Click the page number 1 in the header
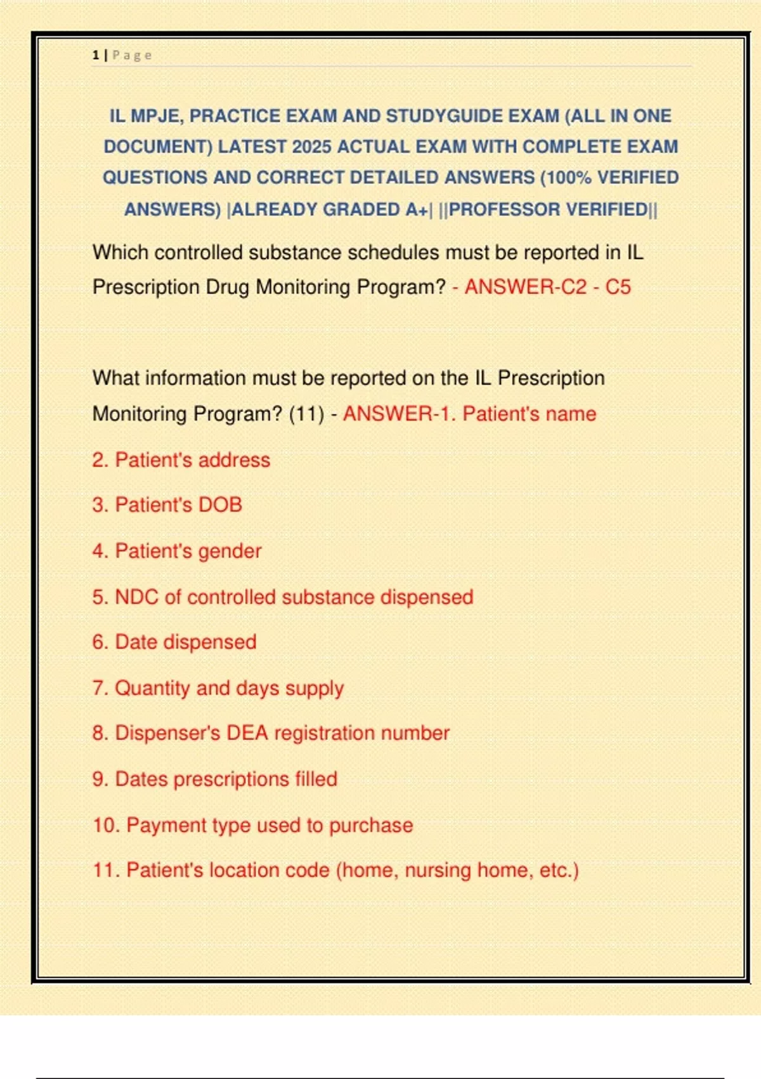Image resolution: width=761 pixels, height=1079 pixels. (95, 55)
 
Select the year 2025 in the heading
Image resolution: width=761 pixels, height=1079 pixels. (311, 147)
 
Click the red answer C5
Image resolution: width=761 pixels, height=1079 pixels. (618, 287)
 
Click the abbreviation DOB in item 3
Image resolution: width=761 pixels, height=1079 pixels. (220, 505)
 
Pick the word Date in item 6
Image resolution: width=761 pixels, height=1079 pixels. (136, 642)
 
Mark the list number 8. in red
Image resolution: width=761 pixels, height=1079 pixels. (100, 733)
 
